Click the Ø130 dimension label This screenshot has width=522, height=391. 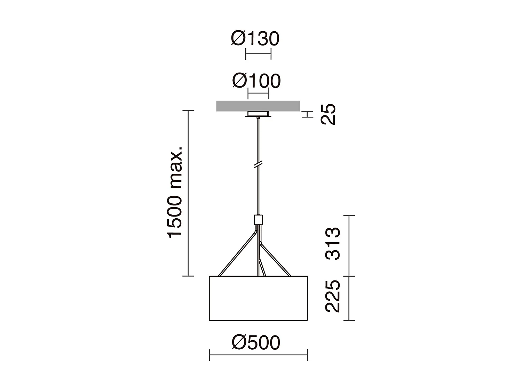point(255,39)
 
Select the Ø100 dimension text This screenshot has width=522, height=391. point(256,81)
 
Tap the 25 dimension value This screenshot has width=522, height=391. point(328,114)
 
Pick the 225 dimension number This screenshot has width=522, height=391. point(333,296)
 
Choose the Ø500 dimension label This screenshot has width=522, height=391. point(256,343)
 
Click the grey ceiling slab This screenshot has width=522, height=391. point(258,106)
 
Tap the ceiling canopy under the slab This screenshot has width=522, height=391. point(258,114)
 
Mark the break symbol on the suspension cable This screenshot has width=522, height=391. point(258,165)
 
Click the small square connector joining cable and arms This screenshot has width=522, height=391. point(258,220)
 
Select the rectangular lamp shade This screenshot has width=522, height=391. point(258,298)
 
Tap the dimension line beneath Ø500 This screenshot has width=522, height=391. point(258,355)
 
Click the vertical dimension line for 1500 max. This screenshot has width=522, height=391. point(188,193)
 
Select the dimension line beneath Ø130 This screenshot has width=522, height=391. point(258,54)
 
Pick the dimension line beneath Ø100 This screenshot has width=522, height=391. point(258,93)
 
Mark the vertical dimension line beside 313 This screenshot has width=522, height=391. point(349,246)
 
